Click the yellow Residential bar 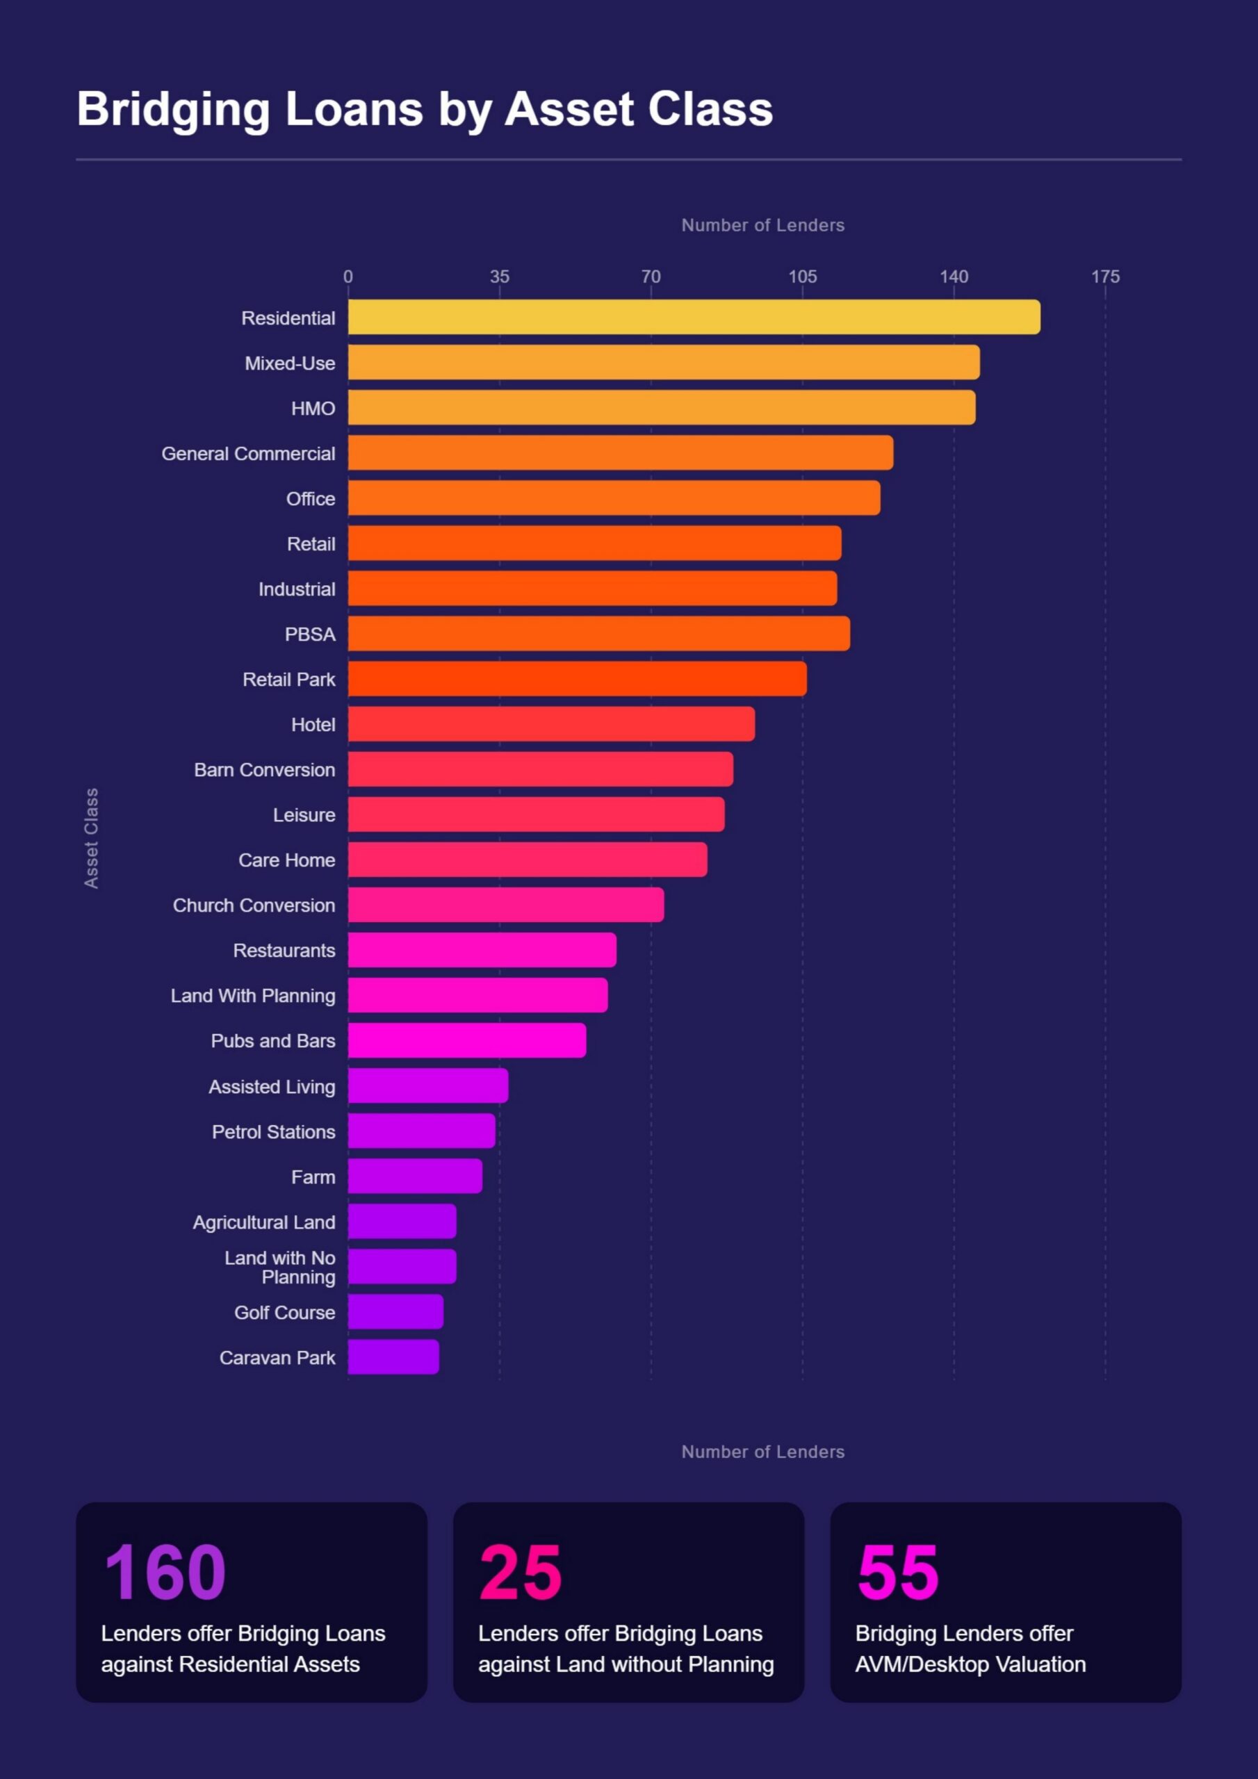pos(694,317)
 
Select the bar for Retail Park pos(578,679)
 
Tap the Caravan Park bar pos(394,1356)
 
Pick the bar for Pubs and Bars pos(467,1040)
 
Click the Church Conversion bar pos(506,905)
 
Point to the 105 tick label pos(802,277)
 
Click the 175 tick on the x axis pos(1105,277)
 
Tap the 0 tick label pos(348,277)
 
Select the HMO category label pos(313,409)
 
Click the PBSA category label pos(310,634)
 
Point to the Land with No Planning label pos(280,1267)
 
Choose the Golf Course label pos(284,1313)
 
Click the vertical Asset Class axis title pos(92,838)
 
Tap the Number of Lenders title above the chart pos(762,225)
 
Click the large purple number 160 pos(165,1571)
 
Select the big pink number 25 pos(520,1571)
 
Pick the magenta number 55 pos(897,1571)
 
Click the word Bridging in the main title pos(173,110)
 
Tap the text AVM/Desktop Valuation pos(970,1664)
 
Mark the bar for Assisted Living pos(428,1085)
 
